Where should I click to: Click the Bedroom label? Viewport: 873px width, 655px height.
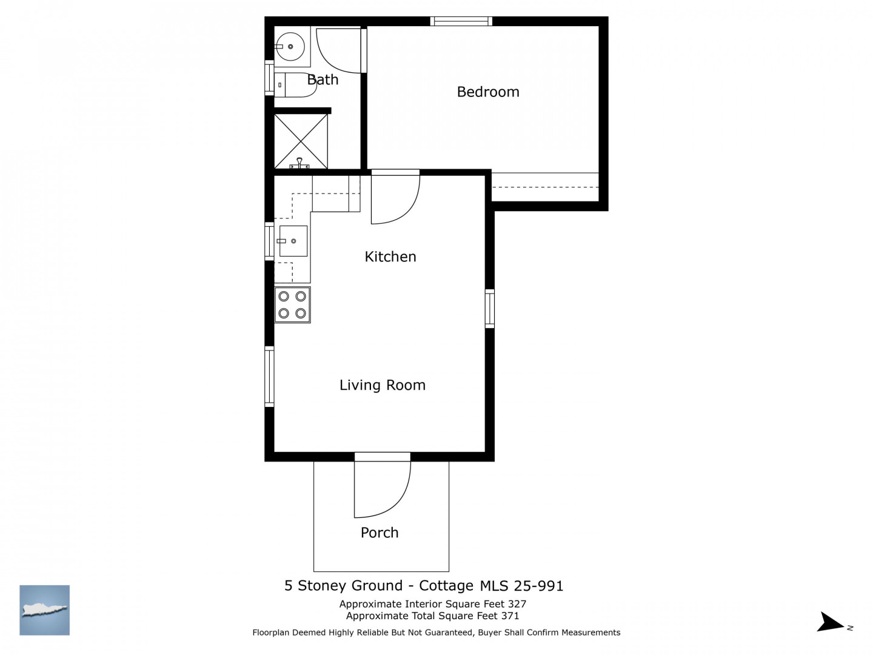coord(487,92)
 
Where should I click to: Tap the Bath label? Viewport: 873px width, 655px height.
coord(323,79)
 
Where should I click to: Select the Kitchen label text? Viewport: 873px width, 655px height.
coord(390,257)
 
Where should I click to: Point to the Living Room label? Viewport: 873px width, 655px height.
coord(382,385)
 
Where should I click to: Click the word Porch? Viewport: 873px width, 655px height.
coord(379,532)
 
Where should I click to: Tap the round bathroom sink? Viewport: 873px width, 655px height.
coord(290,47)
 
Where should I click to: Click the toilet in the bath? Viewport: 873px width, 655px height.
coord(295,85)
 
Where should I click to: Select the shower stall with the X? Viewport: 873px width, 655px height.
coord(301,141)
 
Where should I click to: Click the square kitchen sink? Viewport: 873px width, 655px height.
coord(293,241)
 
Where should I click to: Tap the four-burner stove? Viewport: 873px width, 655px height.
coord(292,304)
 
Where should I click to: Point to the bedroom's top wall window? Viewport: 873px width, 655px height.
coord(461,21)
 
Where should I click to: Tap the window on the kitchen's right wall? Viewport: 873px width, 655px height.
coord(490,309)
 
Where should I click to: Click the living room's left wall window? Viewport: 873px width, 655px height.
coord(269,377)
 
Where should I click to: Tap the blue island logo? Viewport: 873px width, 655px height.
coord(44,610)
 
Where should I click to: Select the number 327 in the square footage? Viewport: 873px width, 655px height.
coord(517,604)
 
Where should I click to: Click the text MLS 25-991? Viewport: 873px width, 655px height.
coord(521,586)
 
